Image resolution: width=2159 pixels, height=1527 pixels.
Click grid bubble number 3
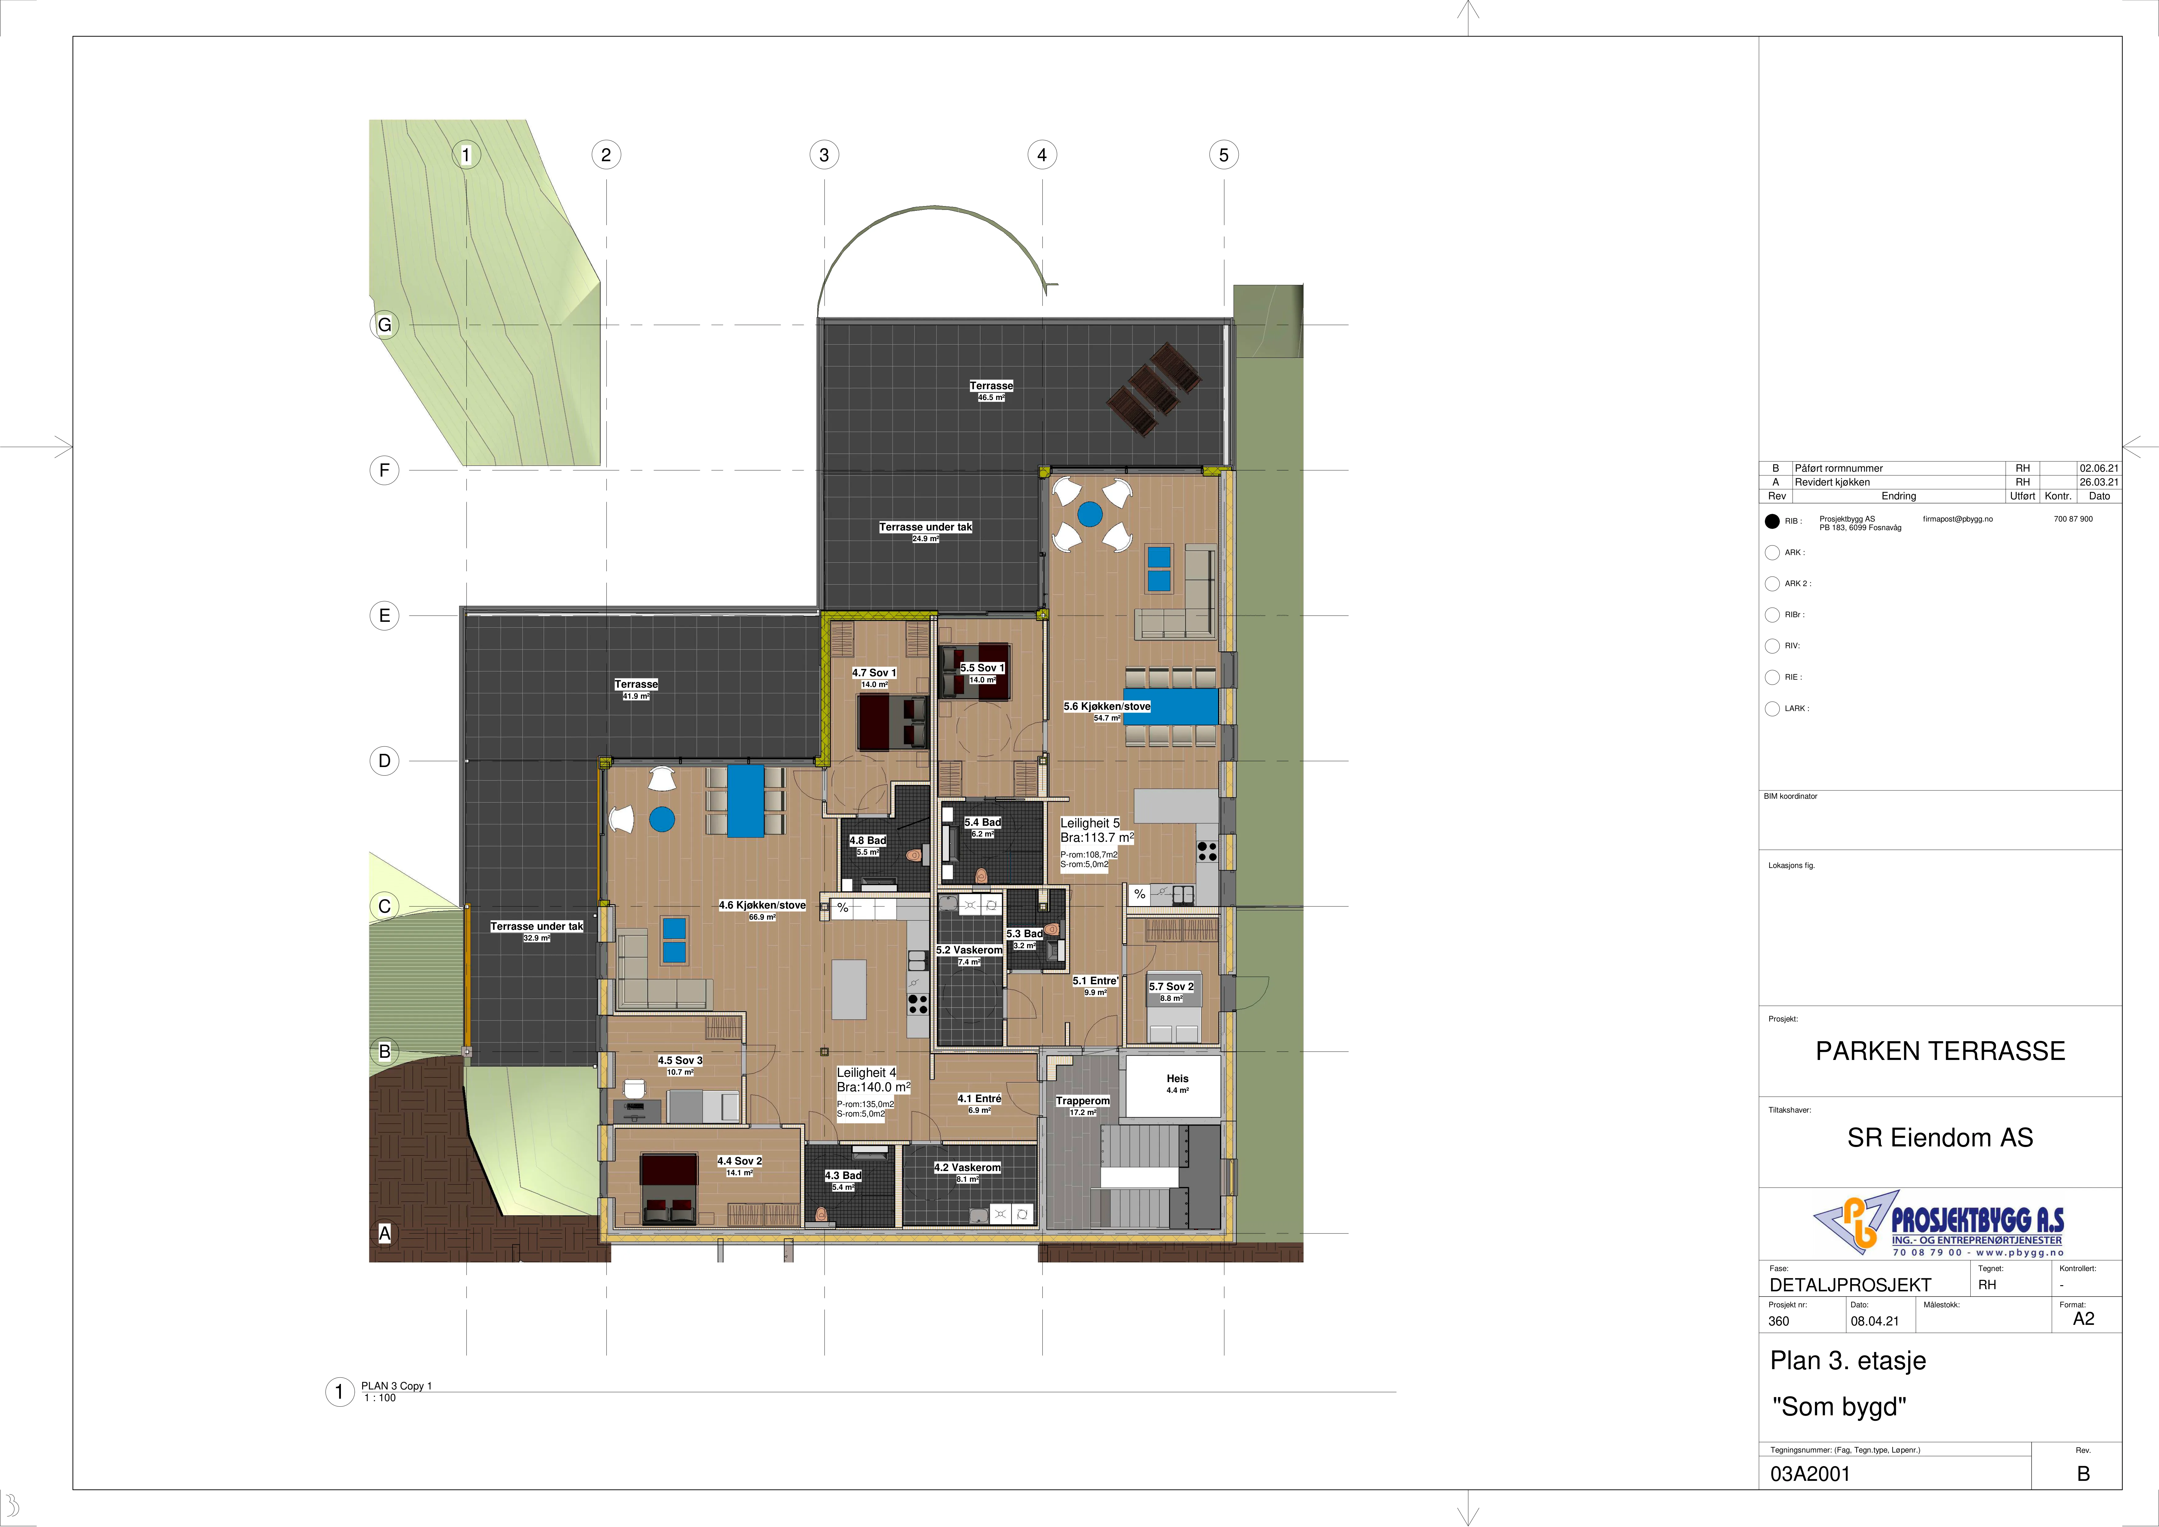[825, 155]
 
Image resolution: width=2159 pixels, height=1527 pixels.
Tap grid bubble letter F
[384, 470]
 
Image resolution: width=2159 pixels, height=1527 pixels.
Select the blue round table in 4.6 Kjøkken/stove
[662, 820]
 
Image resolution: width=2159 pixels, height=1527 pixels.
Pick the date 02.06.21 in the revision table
[2099, 468]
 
